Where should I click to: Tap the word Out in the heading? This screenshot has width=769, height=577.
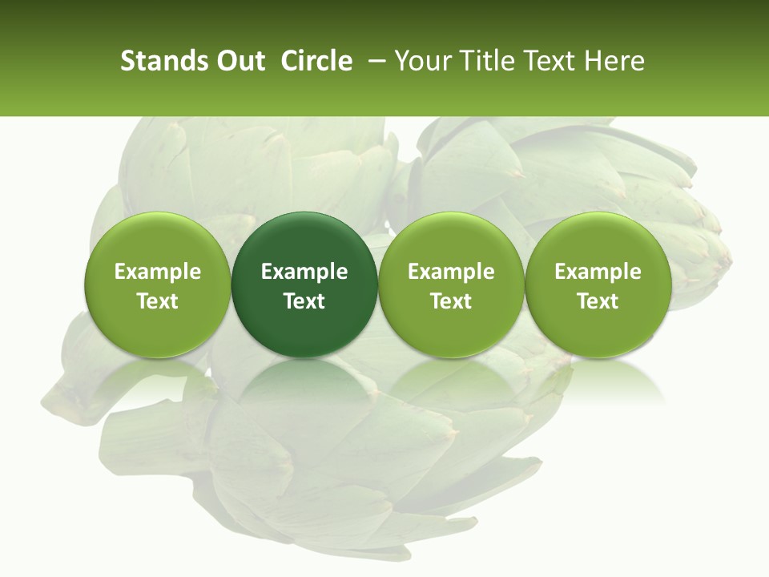coord(239,62)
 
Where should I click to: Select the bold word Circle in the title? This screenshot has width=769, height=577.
coord(316,62)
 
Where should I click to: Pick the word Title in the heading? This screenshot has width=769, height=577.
coord(481,62)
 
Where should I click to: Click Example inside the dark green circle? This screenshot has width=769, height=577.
coord(304,272)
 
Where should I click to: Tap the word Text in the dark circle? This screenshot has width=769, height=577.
coord(304,301)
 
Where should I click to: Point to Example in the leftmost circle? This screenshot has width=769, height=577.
coord(158,272)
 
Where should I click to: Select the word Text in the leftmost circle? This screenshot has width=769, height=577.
coord(158,301)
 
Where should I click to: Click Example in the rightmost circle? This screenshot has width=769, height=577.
coord(598,272)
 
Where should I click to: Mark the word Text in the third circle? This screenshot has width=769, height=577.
coord(451,301)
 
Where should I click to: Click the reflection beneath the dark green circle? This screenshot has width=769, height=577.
coord(304,381)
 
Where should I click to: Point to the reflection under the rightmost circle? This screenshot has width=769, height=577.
coord(598,381)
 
